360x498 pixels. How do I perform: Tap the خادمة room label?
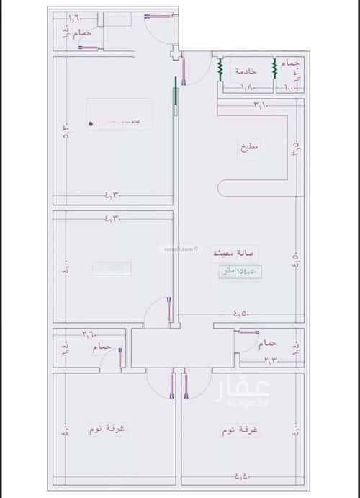click(246, 71)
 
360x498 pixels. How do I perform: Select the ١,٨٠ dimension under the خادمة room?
click(247, 89)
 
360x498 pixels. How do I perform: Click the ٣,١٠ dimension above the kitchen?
click(260, 106)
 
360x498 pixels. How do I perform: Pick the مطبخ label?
click(251, 146)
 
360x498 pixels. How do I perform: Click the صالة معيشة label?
click(235, 254)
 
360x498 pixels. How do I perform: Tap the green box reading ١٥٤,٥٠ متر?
click(239, 271)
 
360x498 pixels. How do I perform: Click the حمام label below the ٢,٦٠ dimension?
click(102, 347)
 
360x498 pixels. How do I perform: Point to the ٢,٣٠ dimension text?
click(271, 360)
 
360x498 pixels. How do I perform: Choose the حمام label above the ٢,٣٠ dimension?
click(269, 343)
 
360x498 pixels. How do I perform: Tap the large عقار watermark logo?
click(242, 393)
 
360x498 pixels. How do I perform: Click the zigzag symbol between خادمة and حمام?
click(274, 70)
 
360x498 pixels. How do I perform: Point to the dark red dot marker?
click(91, 123)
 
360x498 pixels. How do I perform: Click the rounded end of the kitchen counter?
click(224, 187)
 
